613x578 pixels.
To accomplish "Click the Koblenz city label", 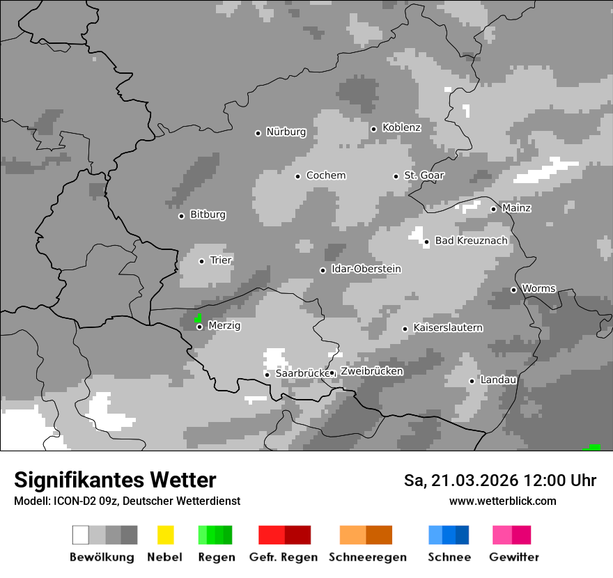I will point(401,127).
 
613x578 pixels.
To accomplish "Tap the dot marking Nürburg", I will point(258,132).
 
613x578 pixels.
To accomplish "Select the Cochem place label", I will point(325,175).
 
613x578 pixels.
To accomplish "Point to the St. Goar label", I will point(424,175).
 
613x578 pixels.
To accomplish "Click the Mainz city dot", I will point(493,208).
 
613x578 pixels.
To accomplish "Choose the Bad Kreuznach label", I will point(471,241).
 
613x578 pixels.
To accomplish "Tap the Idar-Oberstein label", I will point(366,269).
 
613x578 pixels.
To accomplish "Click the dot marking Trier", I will point(201,261).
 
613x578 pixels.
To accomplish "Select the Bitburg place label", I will point(208,214).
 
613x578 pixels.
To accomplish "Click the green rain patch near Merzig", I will point(199,318).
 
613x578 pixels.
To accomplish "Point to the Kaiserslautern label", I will point(447,327).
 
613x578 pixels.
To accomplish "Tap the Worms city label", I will point(538,288).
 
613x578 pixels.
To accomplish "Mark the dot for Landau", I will point(472,380).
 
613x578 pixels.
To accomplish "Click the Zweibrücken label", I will point(371,371).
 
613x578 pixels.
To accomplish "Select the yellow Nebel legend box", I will point(165,535).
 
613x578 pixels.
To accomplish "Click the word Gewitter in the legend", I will point(513,557).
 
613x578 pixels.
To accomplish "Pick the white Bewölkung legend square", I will point(81,535).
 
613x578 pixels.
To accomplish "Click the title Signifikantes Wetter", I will point(115,480).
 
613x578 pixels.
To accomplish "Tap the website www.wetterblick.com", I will point(502,501).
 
